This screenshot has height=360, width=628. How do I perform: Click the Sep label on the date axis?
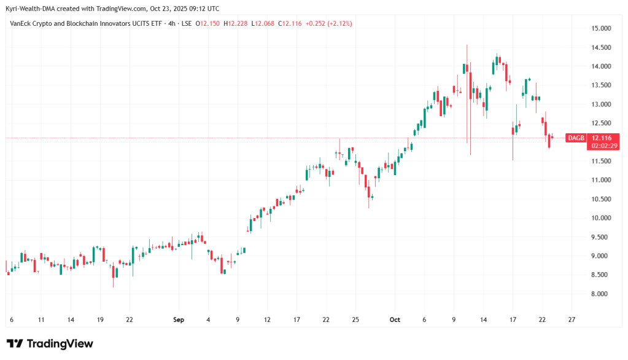[179, 320]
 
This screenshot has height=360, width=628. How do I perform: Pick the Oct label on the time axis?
[395, 320]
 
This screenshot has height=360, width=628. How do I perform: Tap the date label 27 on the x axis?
[572, 320]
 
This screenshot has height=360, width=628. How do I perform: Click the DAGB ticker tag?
[576, 138]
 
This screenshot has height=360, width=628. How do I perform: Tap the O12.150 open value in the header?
[209, 23]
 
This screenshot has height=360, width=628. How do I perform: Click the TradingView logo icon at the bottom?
[15, 343]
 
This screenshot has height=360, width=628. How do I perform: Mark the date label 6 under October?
[424, 320]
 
